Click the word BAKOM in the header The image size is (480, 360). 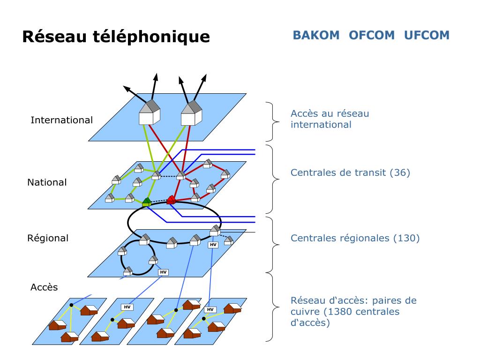[316, 36]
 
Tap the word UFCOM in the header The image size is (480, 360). [427, 36]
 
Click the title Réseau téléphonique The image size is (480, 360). [116, 37]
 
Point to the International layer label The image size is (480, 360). [61, 120]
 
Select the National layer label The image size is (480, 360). [47, 182]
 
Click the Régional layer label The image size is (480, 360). [47, 238]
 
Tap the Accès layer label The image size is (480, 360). [44, 287]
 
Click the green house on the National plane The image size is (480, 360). [146, 202]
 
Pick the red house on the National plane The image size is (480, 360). [171, 200]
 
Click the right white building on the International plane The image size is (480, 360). [191, 114]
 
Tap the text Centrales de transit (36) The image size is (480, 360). [350, 173]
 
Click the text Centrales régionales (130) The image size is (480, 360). [355, 238]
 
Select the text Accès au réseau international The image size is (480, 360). [330, 119]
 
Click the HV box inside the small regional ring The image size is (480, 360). [163, 272]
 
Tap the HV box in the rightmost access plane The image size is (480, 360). [210, 309]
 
